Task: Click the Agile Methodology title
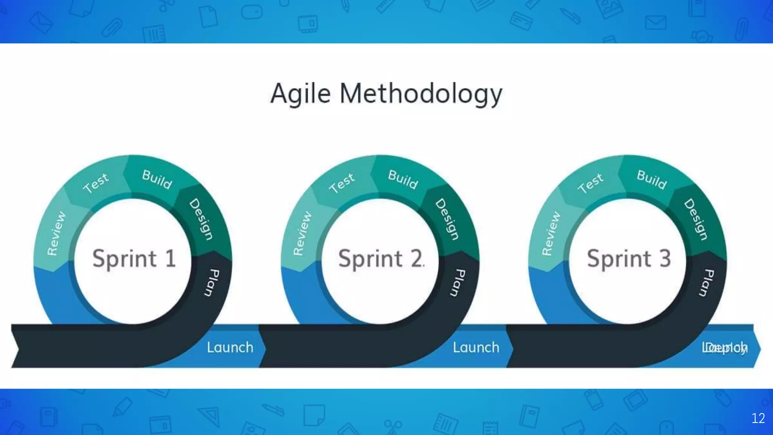coord(386,93)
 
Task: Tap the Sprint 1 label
coord(134,259)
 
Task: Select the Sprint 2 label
coord(380,259)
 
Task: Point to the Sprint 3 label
coord(629,259)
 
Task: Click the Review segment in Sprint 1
coord(56,233)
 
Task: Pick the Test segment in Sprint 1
coord(96,183)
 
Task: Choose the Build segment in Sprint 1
coord(157,179)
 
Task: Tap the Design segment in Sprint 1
coord(201,219)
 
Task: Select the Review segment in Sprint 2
coord(302,233)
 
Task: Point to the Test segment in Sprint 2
coord(342,183)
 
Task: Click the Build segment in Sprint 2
coord(403,179)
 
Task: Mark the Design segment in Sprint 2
coord(447,219)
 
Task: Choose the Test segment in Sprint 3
coord(591,183)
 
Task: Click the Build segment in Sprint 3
coord(652,179)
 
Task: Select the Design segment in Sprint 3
coord(696,219)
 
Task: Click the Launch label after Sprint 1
coord(230,347)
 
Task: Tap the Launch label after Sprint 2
coord(476,347)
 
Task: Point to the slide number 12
coord(758,418)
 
